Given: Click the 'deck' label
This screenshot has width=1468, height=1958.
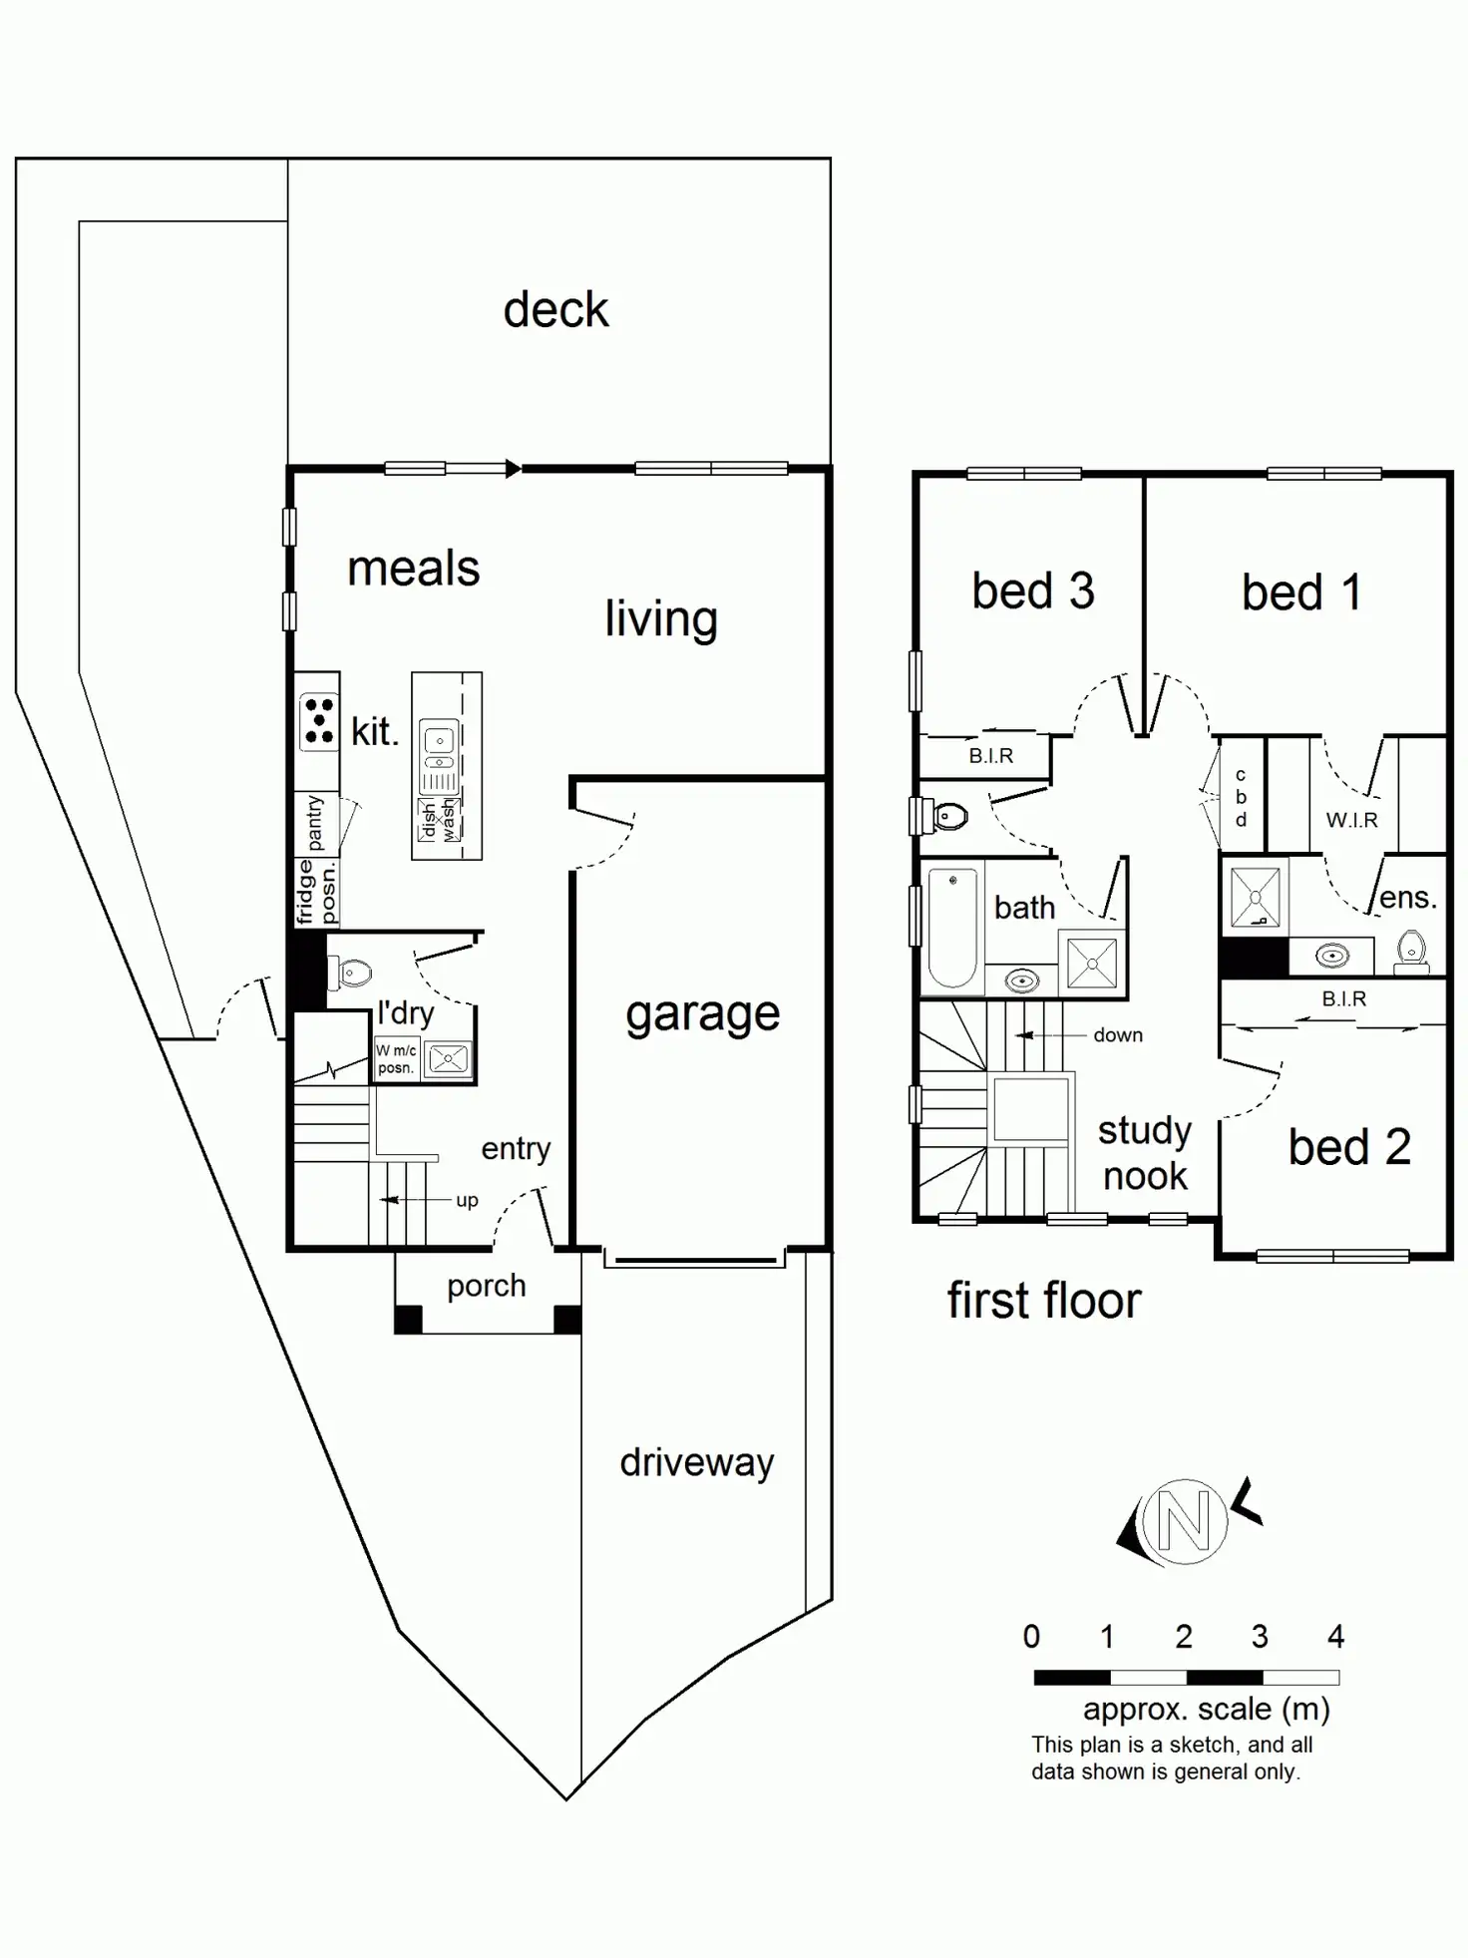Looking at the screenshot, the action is [x=555, y=310].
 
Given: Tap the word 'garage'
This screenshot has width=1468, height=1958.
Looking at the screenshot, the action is [x=702, y=1015].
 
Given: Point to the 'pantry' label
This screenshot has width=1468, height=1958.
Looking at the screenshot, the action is [x=315, y=823].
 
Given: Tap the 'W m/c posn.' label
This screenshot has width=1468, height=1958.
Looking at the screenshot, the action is [x=396, y=1058].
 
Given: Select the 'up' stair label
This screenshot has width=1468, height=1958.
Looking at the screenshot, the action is [x=467, y=1200].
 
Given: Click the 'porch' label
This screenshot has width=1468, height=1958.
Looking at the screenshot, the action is [x=486, y=1286].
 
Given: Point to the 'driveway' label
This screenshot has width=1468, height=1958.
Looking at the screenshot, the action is [x=696, y=1462].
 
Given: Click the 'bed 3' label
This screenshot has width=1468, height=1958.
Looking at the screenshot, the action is [x=1033, y=590].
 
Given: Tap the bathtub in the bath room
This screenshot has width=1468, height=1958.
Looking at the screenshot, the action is [x=952, y=927].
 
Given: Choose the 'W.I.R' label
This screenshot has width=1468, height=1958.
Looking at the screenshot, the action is [x=1351, y=820].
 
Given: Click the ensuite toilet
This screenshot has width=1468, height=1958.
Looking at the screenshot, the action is [x=1411, y=949].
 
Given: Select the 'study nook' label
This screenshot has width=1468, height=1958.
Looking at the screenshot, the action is [x=1145, y=1153].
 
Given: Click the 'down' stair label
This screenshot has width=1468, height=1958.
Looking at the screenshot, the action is [x=1118, y=1035].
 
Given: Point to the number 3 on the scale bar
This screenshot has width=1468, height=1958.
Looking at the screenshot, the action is [x=1260, y=1637].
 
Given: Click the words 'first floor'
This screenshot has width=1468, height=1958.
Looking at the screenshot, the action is [x=1043, y=1301].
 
